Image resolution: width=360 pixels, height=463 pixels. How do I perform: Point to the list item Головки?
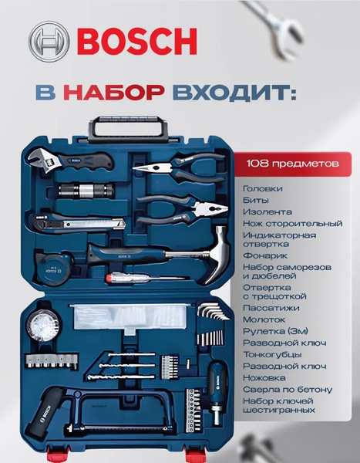262,188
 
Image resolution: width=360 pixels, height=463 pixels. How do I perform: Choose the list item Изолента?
267,211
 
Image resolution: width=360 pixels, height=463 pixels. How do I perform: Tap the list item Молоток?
263,319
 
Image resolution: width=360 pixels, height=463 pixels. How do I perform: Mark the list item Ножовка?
264,377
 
